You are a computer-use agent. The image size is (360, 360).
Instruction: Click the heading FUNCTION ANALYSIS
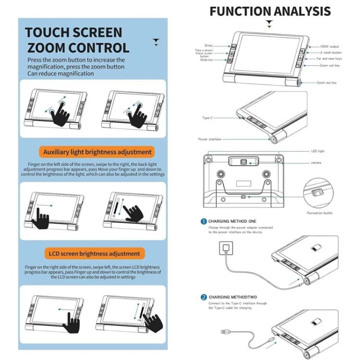click(x=270, y=11)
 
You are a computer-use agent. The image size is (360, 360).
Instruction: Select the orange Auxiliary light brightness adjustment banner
click(x=97, y=152)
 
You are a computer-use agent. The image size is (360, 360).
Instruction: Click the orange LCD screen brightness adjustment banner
click(x=94, y=253)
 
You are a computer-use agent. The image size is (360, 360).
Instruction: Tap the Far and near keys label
click(x=329, y=59)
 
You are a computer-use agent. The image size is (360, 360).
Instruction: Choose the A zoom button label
click(x=331, y=52)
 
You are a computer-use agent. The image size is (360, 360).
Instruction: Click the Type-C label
click(x=208, y=117)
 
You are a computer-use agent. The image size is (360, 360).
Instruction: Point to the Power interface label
click(x=210, y=139)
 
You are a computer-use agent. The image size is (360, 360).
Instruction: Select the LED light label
click(x=318, y=151)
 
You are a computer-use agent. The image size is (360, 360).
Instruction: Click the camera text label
click(x=315, y=164)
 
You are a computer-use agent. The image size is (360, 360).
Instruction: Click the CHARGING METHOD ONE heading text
click(x=232, y=222)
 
